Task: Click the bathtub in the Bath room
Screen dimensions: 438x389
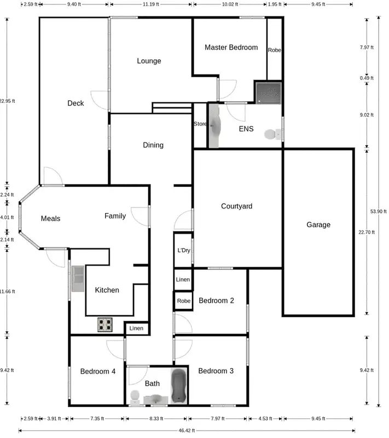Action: pos(179,387)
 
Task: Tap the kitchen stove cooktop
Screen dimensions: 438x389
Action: pos(105,325)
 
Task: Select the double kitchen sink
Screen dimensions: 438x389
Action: pos(77,278)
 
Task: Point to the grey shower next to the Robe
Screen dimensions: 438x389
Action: pos(269,92)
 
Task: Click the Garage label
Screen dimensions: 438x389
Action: pos(318,224)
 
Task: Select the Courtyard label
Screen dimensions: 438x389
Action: pos(236,206)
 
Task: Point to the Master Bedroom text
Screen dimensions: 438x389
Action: pos(231,48)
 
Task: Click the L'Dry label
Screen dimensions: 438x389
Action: pos(183,250)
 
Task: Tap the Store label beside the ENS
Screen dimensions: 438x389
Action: pos(200,124)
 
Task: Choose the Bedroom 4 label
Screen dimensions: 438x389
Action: pos(97,371)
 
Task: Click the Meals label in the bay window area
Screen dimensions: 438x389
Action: pos(50,218)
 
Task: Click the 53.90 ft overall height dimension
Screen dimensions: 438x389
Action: pos(378,211)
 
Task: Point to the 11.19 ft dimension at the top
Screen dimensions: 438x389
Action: pos(150,4)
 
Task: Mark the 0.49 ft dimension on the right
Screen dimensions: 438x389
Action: pos(367,78)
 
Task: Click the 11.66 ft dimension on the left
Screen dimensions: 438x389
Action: pos(8,291)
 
